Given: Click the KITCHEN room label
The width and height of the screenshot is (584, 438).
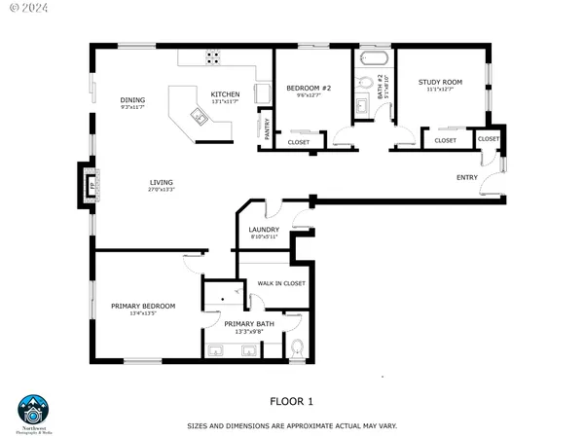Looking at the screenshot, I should [x=226, y=94].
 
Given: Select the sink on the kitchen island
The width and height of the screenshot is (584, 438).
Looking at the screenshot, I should [x=199, y=118].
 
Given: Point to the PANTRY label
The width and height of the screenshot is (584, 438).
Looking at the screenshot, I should [x=265, y=128].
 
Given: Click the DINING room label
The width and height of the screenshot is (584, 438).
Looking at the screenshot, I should [x=132, y=100].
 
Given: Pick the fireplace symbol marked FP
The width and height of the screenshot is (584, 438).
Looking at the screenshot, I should [x=85, y=185].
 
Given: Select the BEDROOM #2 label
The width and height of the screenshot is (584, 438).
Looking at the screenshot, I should [x=309, y=89].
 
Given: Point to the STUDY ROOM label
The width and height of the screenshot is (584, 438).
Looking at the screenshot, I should [x=440, y=83].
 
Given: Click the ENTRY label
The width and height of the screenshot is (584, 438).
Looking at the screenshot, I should [x=467, y=177].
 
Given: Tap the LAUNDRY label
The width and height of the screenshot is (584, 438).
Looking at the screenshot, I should [x=264, y=230].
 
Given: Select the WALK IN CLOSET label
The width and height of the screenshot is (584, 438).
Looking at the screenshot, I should [x=280, y=283].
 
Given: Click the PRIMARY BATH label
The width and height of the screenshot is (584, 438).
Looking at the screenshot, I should [x=249, y=324].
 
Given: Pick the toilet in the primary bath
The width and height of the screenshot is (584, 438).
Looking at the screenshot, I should [x=298, y=347].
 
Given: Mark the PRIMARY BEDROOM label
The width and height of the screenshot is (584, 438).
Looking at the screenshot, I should [x=136, y=307].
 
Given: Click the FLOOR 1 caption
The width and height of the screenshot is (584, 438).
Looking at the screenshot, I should [x=291, y=400].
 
